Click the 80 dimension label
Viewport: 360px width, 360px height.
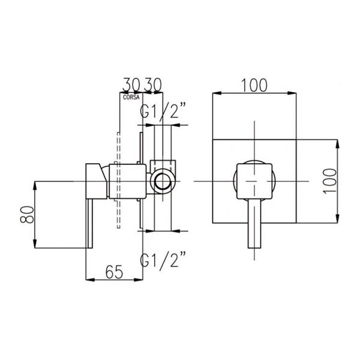[x=28, y=215]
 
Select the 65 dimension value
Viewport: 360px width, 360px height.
[x=115, y=272]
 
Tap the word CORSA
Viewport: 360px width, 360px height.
[x=131, y=97]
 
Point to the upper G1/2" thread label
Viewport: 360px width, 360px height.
[x=163, y=110]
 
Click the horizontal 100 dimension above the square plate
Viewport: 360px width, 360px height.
[x=255, y=85]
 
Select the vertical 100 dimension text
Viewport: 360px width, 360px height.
[x=330, y=181]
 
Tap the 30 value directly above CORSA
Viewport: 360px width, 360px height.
[x=131, y=85]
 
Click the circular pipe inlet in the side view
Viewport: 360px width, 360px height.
[x=163, y=181]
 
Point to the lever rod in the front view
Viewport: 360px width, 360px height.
[x=254, y=223]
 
